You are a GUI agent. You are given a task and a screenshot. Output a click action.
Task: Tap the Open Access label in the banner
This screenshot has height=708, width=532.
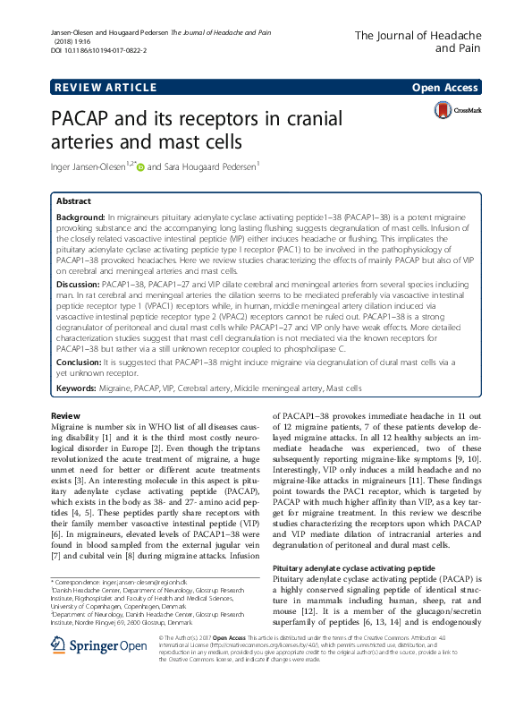pyautogui.click(x=446, y=87)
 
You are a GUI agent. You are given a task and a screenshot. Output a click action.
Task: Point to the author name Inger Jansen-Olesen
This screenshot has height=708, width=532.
pyautogui.click(x=86, y=165)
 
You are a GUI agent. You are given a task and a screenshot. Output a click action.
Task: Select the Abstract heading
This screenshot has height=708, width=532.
pyautogui.click(x=73, y=201)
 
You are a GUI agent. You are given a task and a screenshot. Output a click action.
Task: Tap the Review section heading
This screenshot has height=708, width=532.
pyautogui.click(x=65, y=417)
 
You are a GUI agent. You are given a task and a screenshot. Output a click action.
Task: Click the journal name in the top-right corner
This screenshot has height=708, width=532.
pyautogui.click(x=418, y=42)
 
